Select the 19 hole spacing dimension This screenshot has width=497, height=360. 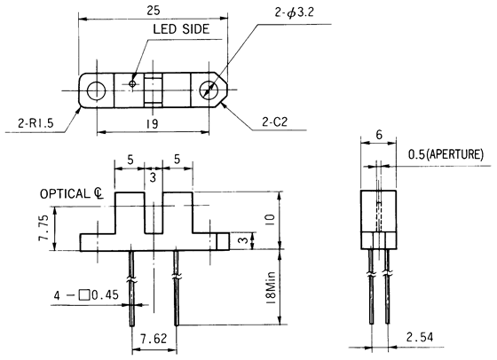(153, 125)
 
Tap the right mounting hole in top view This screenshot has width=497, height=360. (209, 90)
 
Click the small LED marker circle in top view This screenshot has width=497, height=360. (133, 84)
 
